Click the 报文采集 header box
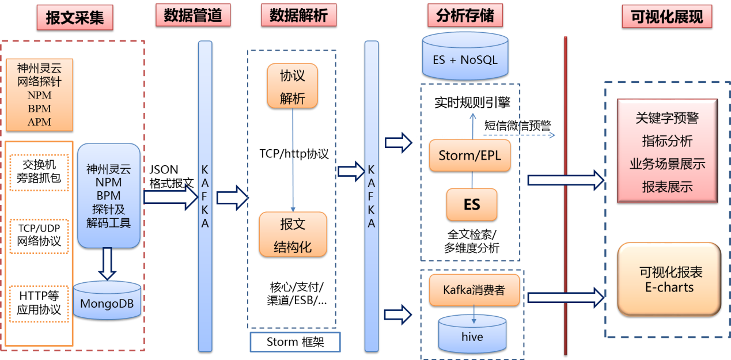pos(75,18)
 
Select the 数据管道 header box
pos(193,16)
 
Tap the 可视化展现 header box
pos(667,17)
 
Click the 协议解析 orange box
pos(293,86)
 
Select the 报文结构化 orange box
pos(293,234)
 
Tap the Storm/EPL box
pos(470,156)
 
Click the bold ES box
pos(472,204)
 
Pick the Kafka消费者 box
pos(474,290)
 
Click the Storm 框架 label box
pos(295,342)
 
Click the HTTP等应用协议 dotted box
pos(39,302)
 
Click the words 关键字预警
pos(667,118)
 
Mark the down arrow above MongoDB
pos(107,263)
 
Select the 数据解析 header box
pos(298,16)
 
